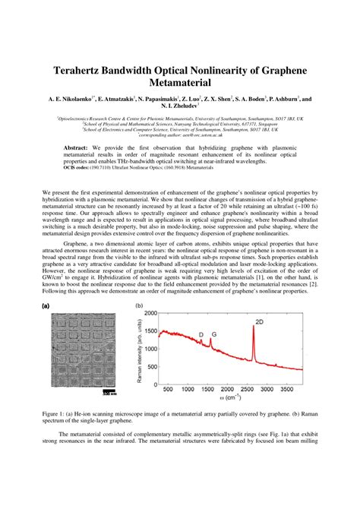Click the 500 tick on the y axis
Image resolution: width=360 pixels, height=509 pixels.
(x=153, y=374)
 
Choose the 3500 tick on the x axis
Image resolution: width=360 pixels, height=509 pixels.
(x=286, y=390)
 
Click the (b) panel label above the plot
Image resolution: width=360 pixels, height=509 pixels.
(x=140, y=306)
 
